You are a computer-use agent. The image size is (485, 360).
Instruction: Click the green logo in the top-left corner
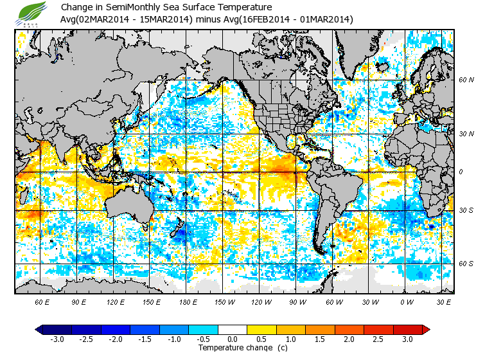tap(32, 14)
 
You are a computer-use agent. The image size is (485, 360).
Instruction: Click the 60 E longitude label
tap(42, 301)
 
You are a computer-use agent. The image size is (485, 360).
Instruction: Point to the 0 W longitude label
tap(407, 301)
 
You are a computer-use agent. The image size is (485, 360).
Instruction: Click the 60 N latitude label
tap(466, 80)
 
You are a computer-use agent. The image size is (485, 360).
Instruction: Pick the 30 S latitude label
tap(466, 211)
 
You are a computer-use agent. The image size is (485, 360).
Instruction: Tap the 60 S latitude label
tap(466, 264)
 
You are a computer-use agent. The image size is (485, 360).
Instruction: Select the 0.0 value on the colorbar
tap(233, 339)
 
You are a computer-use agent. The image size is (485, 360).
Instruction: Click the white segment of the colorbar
tap(233, 329)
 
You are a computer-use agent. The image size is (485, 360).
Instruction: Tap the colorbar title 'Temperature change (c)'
tap(233, 348)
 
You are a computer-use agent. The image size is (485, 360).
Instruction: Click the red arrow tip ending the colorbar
tap(425, 329)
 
